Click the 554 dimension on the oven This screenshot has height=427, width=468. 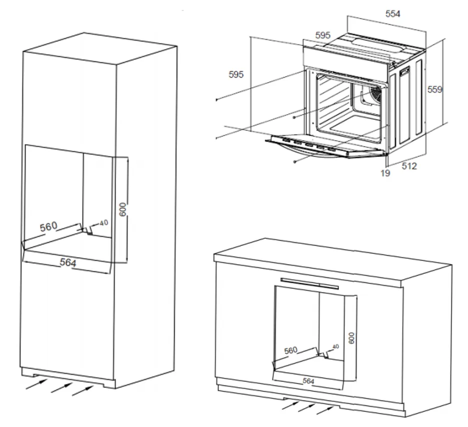pyautogui.click(x=392, y=14)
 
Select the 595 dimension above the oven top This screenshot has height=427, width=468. pyautogui.click(x=323, y=35)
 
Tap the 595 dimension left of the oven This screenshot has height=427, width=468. pyautogui.click(x=236, y=75)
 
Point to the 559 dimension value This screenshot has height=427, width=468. pyautogui.click(x=434, y=90)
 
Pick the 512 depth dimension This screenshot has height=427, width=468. pyautogui.click(x=409, y=166)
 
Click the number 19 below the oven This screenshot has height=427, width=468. pyautogui.click(x=385, y=173)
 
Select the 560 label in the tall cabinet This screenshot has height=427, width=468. pyautogui.click(x=49, y=226)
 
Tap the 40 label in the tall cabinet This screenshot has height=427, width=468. pyautogui.click(x=104, y=223)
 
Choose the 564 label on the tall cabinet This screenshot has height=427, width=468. pyautogui.click(x=68, y=261)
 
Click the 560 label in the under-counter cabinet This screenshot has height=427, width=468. pyautogui.click(x=291, y=350)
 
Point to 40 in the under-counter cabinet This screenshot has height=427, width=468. pyautogui.click(x=335, y=346)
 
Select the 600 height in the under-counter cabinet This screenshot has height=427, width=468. pyautogui.click(x=351, y=338)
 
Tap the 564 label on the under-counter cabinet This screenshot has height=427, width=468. pyautogui.click(x=308, y=381)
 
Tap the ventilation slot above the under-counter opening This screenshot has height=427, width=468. pyautogui.click(x=309, y=283)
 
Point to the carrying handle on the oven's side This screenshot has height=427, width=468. pyautogui.click(x=403, y=73)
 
